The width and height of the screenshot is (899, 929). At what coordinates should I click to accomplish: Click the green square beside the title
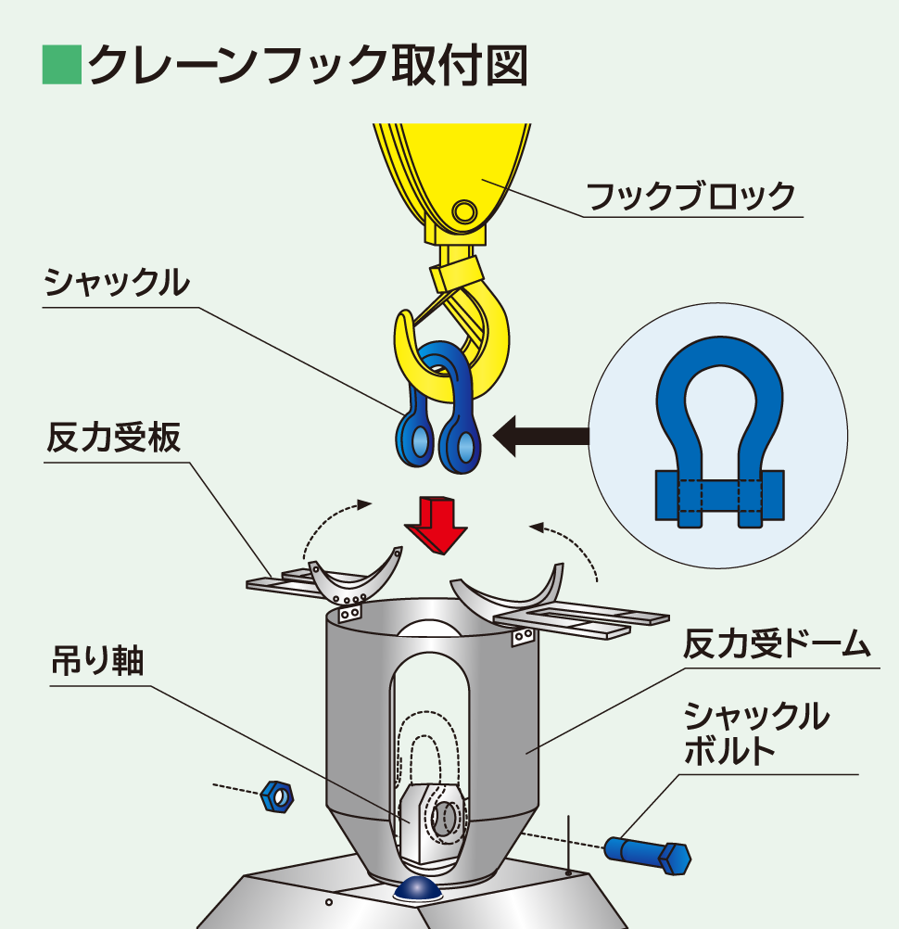pyautogui.click(x=62, y=64)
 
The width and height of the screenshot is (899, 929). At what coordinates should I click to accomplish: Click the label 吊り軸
pyautogui.click(x=96, y=662)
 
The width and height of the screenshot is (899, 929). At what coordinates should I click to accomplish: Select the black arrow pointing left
pyautogui.click(x=542, y=435)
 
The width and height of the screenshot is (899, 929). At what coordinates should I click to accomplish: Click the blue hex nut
pyautogui.click(x=277, y=795)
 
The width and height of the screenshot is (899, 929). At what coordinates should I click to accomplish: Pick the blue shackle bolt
pyautogui.click(x=648, y=854)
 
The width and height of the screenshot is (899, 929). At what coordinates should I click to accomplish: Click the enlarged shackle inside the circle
pyautogui.click(x=718, y=436)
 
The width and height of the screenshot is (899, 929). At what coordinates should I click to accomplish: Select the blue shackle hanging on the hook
pyautogui.click(x=436, y=408)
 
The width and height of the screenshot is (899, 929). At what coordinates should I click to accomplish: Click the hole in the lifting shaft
pyautogui.click(x=447, y=817)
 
